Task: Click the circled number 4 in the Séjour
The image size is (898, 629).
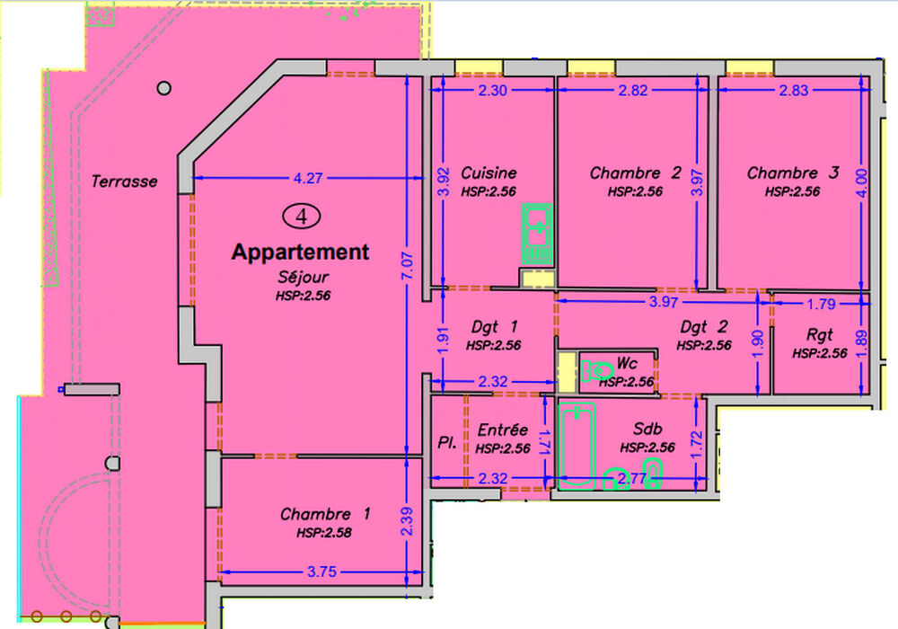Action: [x=301, y=217]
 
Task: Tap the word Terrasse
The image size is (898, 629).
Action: [x=124, y=182]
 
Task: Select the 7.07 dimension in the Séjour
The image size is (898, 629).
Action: [x=407, y=266]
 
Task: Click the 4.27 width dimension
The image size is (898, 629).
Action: [x=308, y=178]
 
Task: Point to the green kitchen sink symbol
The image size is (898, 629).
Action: [x=537, y=234]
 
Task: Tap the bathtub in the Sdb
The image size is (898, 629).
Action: [x=577, y=447]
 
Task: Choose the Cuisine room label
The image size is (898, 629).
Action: [x=489, y=173]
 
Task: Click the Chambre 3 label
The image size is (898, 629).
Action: [x=793, y=173]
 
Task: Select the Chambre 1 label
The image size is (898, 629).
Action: [x=325, y=514]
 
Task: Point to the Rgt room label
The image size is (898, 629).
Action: [x=819, y=334]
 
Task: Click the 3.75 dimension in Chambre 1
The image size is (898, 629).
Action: [x=321, y=571]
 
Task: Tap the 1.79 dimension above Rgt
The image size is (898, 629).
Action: [x=822, y=304]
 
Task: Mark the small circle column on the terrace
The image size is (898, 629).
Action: [x=163, y=88]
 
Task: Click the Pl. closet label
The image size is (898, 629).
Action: [x=447, y=442]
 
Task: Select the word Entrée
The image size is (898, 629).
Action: [x=502, y=430]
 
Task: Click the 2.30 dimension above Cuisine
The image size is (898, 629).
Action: [x=492, y=90]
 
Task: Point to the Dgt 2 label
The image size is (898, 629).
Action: [x=704, y=326]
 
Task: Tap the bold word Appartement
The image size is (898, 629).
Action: [x=300, y=252]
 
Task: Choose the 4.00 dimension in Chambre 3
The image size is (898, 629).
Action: [x=861, y=183]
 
